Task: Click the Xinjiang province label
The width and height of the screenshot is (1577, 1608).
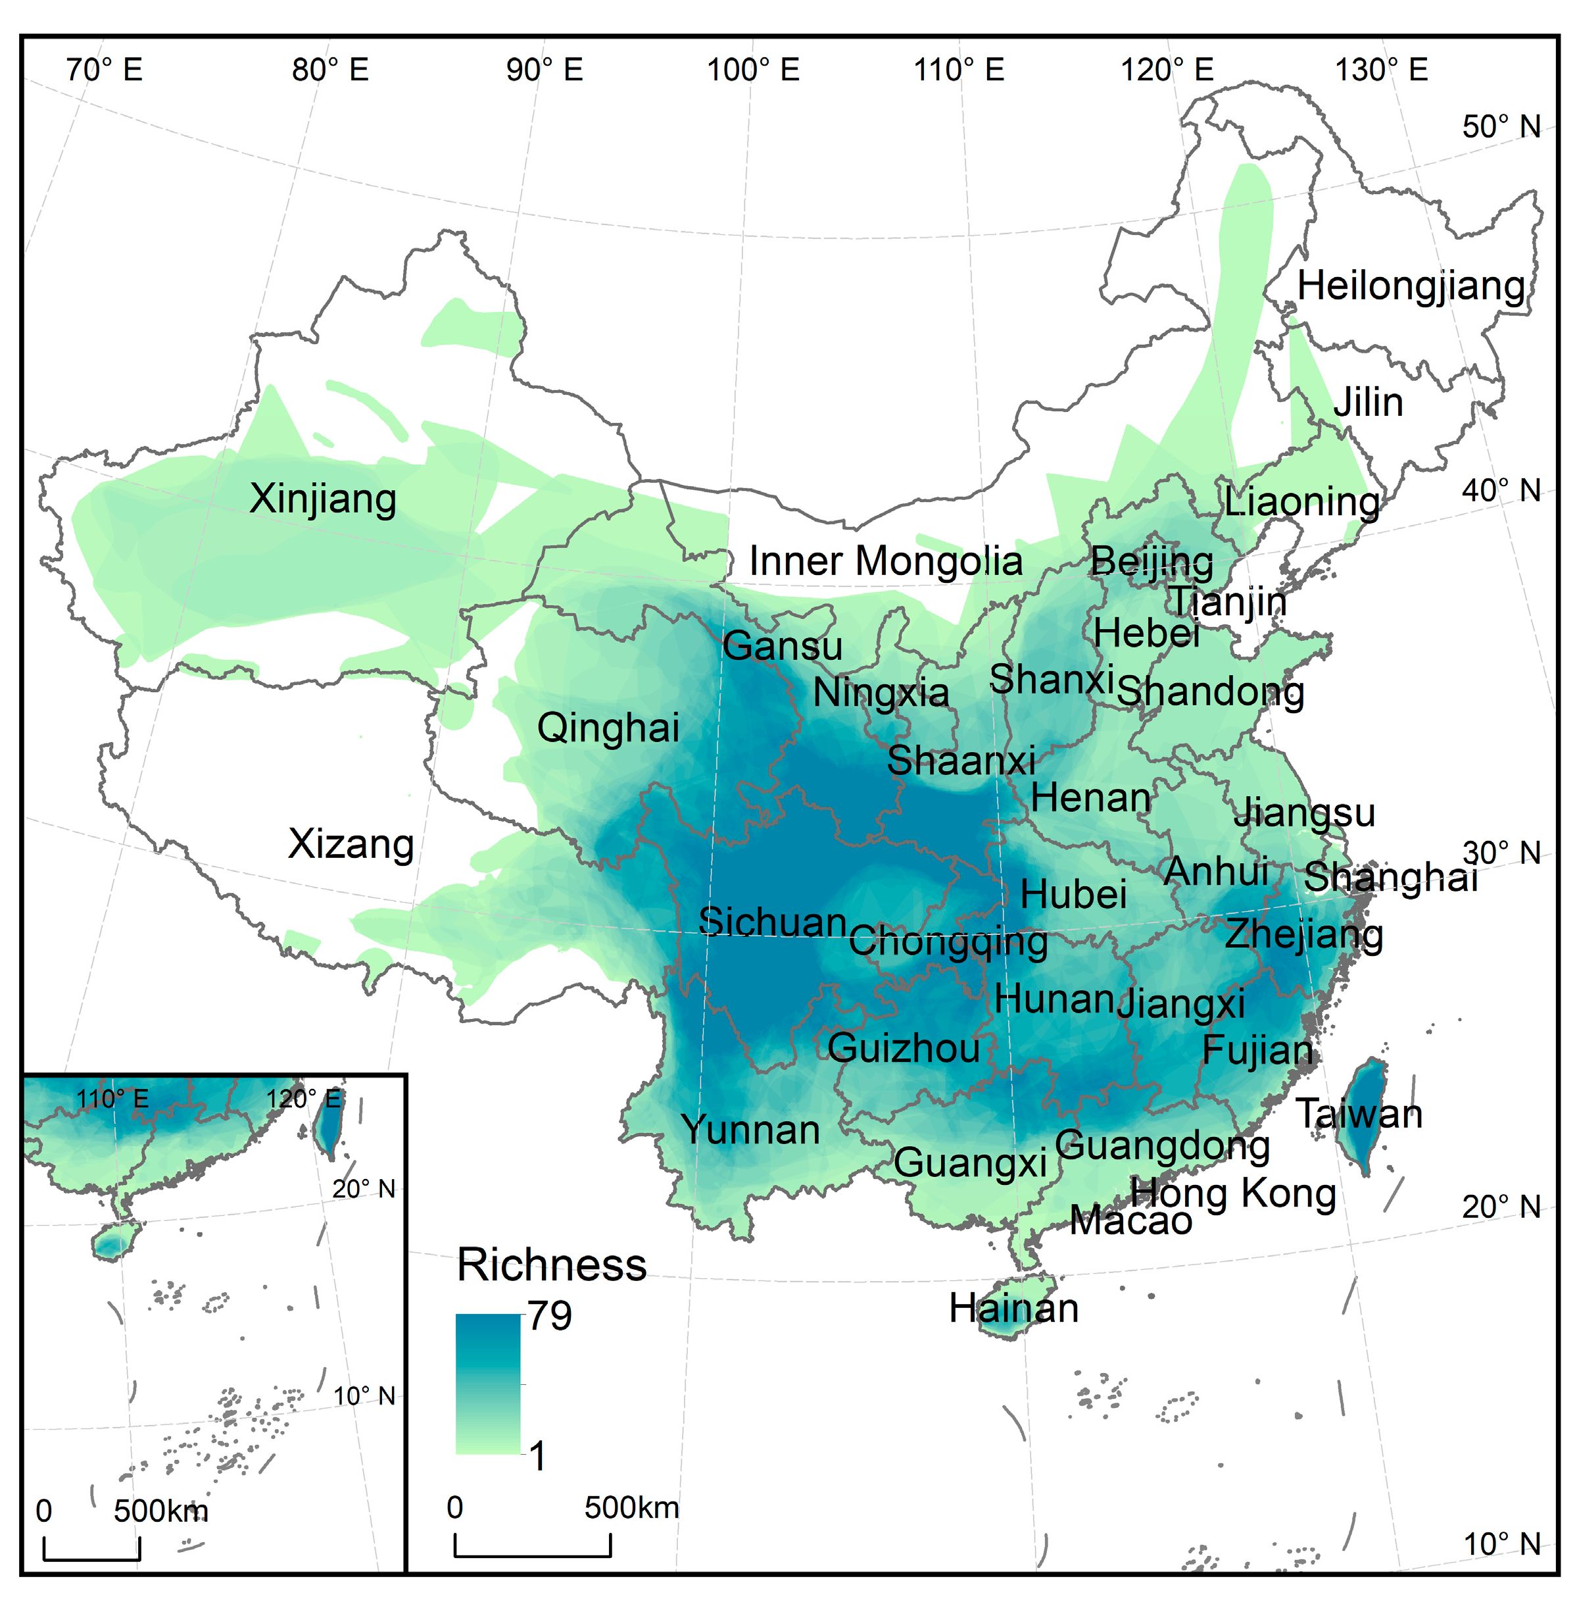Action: tap(323, 499)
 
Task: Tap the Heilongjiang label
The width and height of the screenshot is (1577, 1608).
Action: tap(1411, 287)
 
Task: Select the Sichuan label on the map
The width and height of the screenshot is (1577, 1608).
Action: tap(772, 921)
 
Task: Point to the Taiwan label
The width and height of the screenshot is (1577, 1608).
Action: tap(1359, 1113)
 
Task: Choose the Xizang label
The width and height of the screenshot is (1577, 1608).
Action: tap(351, 844)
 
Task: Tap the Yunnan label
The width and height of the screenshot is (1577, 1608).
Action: tap(750, 1130)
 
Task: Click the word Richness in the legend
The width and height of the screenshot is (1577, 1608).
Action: tap(552, 1265)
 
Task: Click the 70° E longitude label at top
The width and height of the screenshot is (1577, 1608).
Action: tap(105, 70)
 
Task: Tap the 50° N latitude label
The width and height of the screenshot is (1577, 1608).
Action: tap(1501, 127)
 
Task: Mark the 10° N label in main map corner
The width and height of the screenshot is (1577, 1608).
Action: tap(1501, 1544)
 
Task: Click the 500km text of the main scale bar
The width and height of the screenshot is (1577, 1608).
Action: tap(631, 1507)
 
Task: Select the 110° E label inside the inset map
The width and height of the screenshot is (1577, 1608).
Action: tap(112, 1099)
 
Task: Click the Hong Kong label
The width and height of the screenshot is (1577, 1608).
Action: tap(1233, 1193)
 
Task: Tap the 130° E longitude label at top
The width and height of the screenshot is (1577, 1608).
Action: tap(1382, 70)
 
